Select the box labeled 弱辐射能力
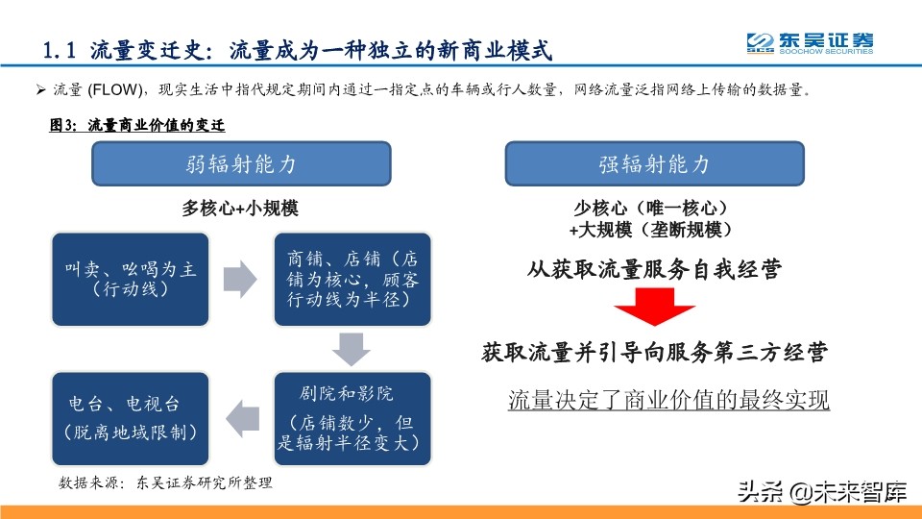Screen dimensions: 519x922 pyautogui.click(x=241, y=163)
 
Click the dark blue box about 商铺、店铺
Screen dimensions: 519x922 pyautogui.click(x=353, y=278)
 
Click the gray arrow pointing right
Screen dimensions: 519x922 pyautogui.click(x=240, y=278)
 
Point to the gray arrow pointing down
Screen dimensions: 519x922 pyautogui.click(x=353, y=348)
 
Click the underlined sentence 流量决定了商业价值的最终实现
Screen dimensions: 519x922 pyautogui.click(x=668, y=399)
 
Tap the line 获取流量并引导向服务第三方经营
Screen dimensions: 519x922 pyautogui.click(x=654, y=353)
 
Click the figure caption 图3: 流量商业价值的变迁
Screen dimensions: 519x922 pyautogui.click(x=137, y=125)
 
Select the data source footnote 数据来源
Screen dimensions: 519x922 pyautogui.click(x=166, y=482)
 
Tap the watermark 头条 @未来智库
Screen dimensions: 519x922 pyautogui.click(x=822, y=494)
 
